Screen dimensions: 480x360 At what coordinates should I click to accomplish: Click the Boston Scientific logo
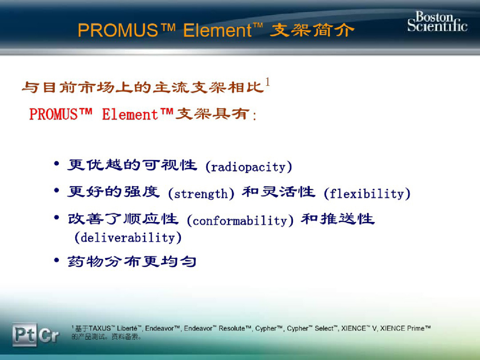click(437, 21)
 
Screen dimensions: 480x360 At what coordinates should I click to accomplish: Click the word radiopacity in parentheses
click(249, 167)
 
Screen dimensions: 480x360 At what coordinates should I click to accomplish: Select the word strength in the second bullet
click(201, 194)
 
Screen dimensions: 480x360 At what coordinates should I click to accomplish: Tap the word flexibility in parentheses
click(367, 194)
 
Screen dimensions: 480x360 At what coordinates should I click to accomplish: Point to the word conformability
click(240, 221)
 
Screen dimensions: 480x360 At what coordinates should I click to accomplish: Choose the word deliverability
click(128, 238)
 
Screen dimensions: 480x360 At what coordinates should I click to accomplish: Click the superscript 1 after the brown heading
click(268, 83)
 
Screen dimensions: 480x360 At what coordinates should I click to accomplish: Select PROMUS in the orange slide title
click(118, 30)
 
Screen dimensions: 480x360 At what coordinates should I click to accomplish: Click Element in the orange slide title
click(217, 30)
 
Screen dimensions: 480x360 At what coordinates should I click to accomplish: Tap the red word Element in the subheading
click(130, 115)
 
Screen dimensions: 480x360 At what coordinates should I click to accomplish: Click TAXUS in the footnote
click(100, 328)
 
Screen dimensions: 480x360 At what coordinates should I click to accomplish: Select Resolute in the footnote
click(231, 328)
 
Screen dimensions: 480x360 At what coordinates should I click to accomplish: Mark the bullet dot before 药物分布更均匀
click(57, 260)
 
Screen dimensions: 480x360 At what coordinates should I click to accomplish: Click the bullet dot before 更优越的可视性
click(57, 164)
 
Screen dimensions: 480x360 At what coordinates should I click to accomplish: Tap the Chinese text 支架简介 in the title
click(312, 30)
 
